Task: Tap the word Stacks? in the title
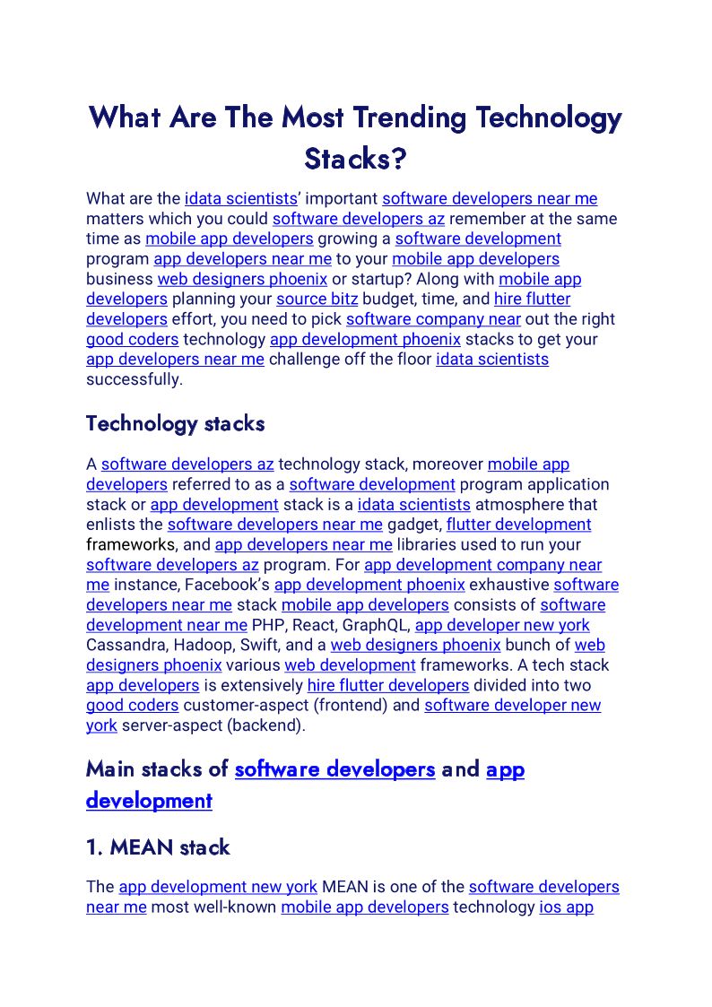(x=355, y=159)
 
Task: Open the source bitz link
(x=317, y=299)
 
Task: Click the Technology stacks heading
(x=175, y=423)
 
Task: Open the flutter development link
(x=518, y=525)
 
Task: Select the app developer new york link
(x=502, y=625)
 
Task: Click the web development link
(x=350, y=665)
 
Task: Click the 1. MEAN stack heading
(x=158, y=847)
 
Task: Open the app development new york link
(x=218, y=887)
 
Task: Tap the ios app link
(x=566, y=907)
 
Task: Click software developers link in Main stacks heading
(x=334, y=769)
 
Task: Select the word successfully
(x=134, y=379)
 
